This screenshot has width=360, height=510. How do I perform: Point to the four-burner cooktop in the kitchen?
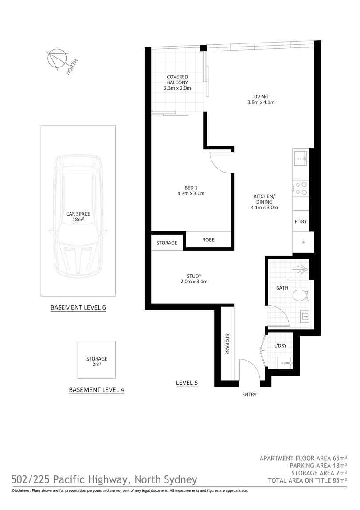point(301,188)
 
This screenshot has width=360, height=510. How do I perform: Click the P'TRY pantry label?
point(301,221)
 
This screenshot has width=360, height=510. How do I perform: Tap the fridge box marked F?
point(303,243)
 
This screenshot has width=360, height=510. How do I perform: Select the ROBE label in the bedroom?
point(208,240)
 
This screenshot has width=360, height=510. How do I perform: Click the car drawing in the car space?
point(78,216)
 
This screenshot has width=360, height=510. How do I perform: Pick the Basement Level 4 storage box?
point(97,360)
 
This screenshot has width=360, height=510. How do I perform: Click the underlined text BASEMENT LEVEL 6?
point(78,307)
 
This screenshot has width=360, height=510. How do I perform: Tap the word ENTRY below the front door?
point(249,394)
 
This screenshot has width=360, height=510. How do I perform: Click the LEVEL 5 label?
point(187,383)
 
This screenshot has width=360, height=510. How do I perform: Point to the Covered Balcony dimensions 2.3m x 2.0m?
point(177,88)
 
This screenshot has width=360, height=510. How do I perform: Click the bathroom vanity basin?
point(305,317)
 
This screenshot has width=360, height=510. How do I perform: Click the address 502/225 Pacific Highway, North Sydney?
point(104,479)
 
